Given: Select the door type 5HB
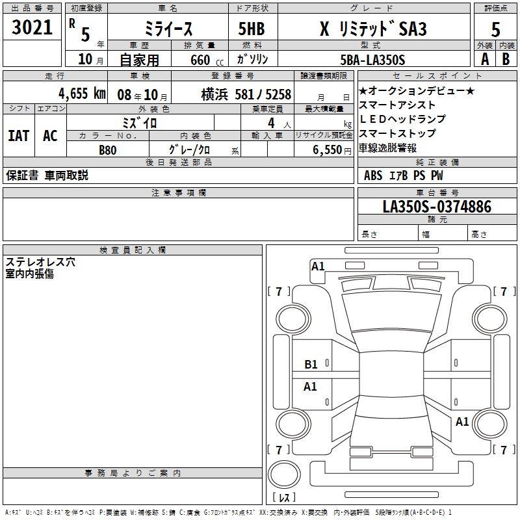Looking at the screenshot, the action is [252, 29].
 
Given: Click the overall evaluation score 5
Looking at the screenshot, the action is [495, 30].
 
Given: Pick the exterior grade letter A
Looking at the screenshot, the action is [484, 58].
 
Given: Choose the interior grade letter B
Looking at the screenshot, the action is [506, 58].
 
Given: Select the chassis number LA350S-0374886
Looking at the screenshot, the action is [437, 207].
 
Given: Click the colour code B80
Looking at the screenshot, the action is [108, 149].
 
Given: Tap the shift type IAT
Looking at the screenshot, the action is [18, 136].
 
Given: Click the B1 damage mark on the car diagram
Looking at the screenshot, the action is [311, 365].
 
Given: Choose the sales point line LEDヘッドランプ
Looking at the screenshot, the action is [402, 119].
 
